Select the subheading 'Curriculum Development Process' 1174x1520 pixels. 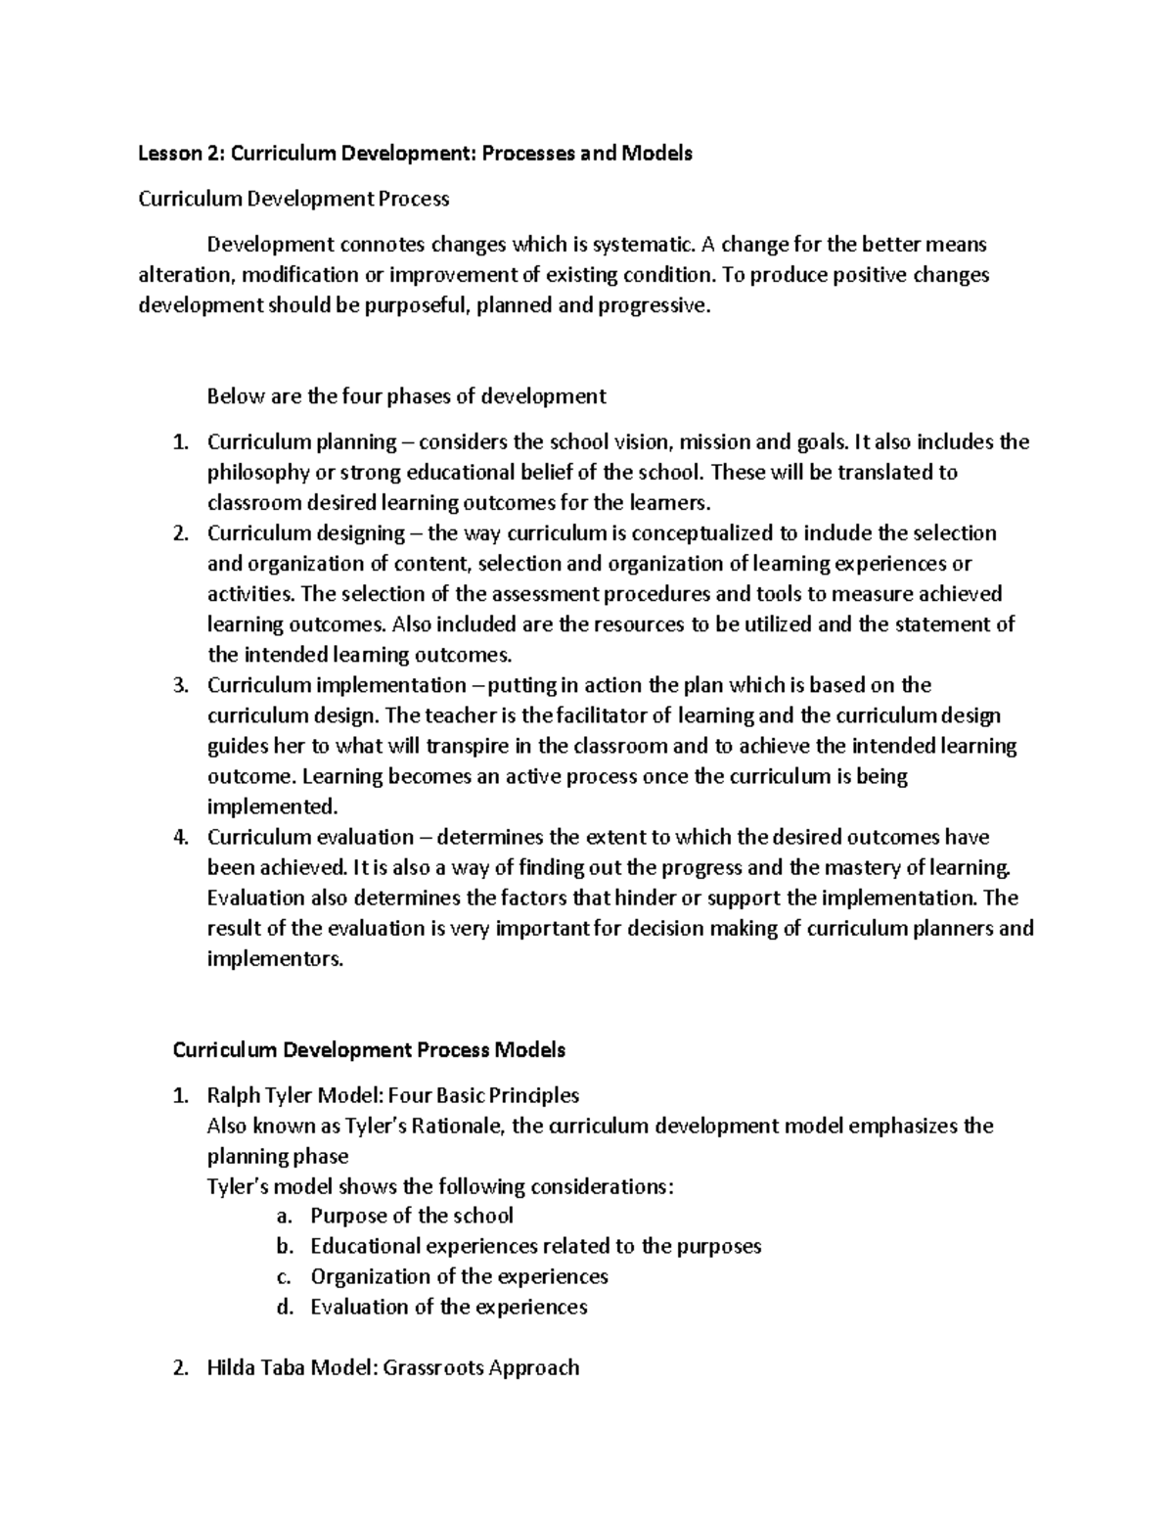coord(293,199)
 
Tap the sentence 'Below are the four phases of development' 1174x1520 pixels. coord(406,396)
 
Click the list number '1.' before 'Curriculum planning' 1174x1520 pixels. coord(178,442)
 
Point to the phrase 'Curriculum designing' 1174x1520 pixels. coord(305,533)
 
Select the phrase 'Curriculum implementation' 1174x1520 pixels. coord(337,685)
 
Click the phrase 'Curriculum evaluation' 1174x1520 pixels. coord(310,837)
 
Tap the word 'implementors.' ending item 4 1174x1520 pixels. coord(276,959)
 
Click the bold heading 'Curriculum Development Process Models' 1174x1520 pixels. coord(369,1050)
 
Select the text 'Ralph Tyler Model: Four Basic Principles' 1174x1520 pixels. coord(393,1095)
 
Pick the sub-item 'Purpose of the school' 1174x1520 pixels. coord(411,1217)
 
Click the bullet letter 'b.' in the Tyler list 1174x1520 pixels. coord(285,1247)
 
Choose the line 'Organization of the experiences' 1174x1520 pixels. coord(459,1277)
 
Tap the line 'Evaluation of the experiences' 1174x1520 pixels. coord(448,1308)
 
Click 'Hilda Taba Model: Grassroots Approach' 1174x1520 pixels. coord(393,1368)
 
